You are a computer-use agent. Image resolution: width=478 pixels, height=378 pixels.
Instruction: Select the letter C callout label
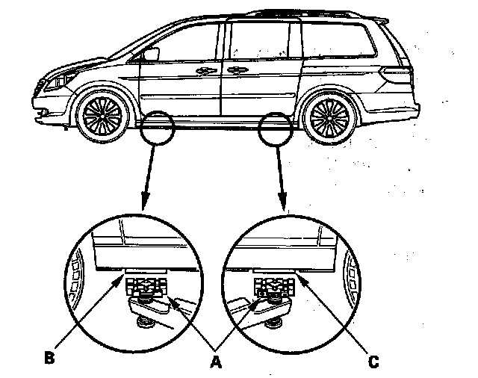pyautogui.click(x=373, y=362)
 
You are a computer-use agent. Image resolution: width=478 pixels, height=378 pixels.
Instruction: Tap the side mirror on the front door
pyautogui.click(x=152, y=54)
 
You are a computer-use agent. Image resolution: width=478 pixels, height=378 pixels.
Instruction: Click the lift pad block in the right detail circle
pyautogui.click(x=270, y=286)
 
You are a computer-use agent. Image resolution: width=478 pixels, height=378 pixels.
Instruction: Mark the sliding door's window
pyautogui.click(x=262, y=41)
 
